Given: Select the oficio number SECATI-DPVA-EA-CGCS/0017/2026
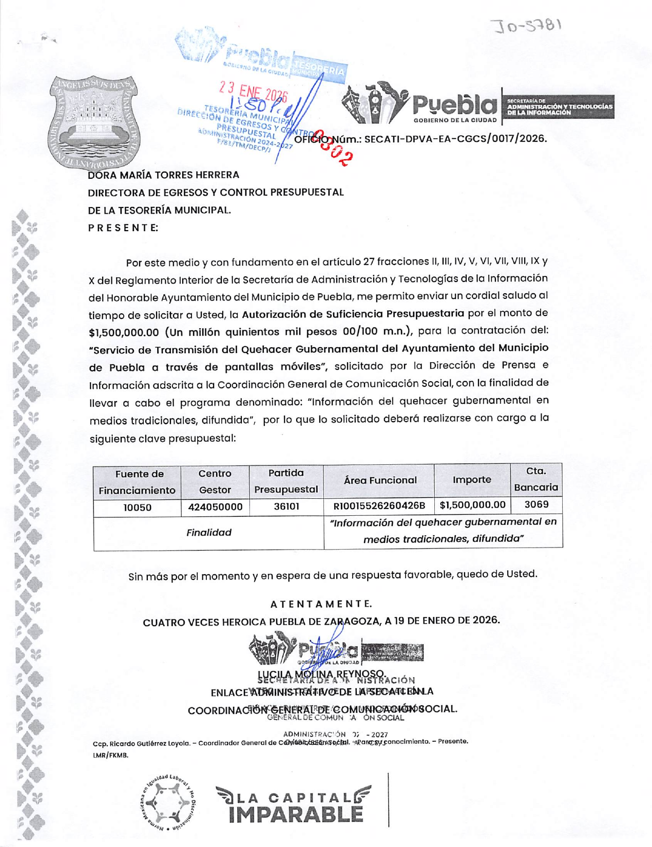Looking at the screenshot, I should (x=455, y=139).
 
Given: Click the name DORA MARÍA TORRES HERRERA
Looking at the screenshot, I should (x=164, y=175).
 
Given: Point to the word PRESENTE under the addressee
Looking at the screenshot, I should (x=123, y=228).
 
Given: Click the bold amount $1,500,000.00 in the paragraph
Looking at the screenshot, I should (x=124, y=332).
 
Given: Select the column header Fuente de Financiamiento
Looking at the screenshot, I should (x=137, y=482).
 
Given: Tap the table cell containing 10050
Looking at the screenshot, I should (x=137, y=507).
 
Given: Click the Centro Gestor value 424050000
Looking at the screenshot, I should (x=215, y=507).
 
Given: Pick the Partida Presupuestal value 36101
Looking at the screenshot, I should (x=286, y=506).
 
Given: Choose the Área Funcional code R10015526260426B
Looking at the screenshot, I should (x=379, y=506).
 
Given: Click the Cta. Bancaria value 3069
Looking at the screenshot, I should (x=536, y=504).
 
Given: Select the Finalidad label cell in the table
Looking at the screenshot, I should (x=208, y=533).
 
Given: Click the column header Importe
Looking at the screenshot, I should (x=472, y=480).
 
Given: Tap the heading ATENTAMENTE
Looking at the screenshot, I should (x=321, y=604).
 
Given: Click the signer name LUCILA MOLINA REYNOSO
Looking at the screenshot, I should (x=321, y=674).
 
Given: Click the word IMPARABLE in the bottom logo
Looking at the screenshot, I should (x=296, y=815).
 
